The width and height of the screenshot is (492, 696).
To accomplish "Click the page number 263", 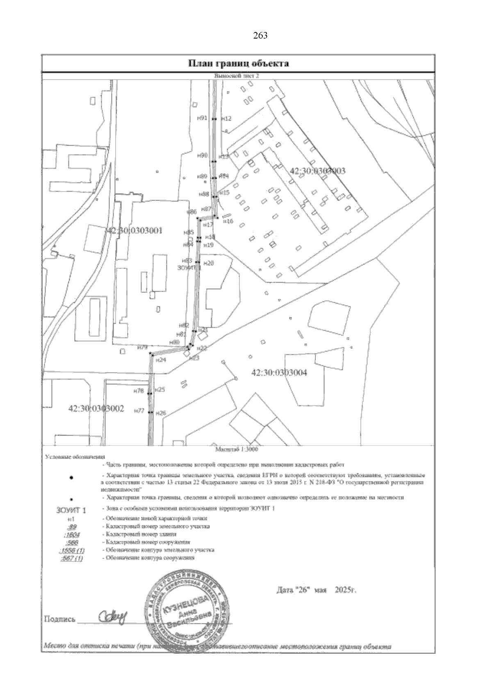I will click(261, 36).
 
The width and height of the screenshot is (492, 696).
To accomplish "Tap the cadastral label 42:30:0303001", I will click(134, 230).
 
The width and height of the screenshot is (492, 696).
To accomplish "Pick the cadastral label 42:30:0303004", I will click(279, 372).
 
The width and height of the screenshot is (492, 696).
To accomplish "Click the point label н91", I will click(202, 118).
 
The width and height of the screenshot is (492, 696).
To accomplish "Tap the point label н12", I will click(226, 119).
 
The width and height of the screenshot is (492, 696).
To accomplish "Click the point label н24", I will click(161, 360).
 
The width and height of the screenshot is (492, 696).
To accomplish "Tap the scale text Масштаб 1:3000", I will click(238, 449).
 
